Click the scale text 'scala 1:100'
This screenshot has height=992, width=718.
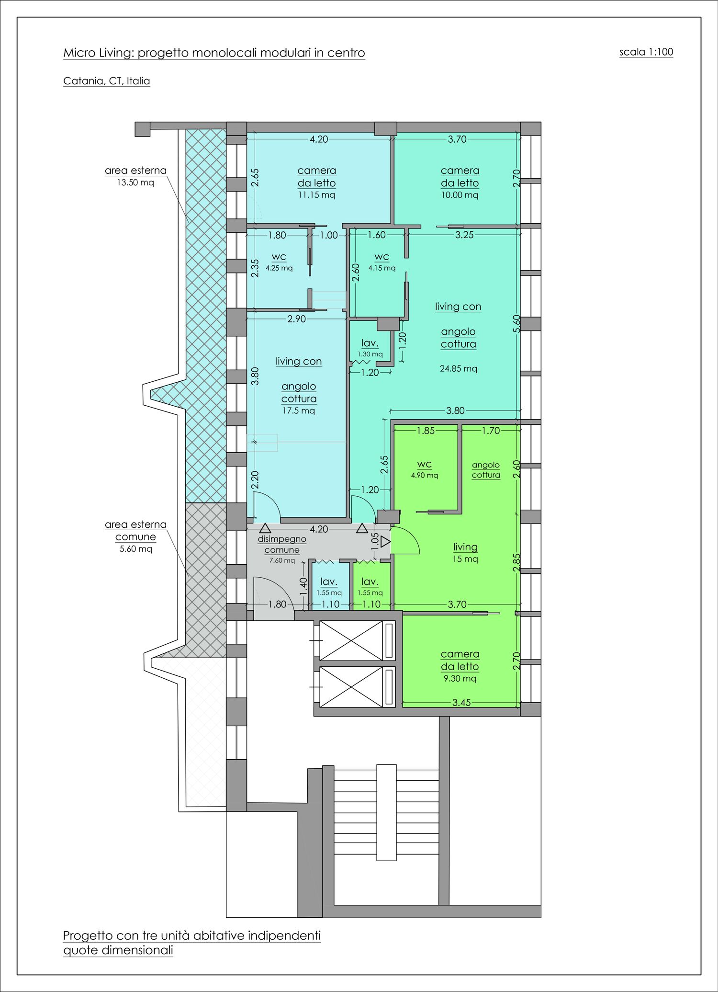[646, 52]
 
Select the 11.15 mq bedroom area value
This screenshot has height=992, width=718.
[316, 195]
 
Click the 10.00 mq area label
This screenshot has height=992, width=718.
[460, 195]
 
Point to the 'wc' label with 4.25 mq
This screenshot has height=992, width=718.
[279, 257]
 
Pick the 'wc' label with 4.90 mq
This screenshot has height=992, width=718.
[425, 464]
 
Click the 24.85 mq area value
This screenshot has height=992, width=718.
[459, 368]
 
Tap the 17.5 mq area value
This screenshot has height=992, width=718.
[299, 410]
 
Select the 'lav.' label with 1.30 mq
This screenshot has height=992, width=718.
[370, 343]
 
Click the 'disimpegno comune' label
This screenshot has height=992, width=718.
[282, 545]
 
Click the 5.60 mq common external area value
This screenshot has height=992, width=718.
[136, 549]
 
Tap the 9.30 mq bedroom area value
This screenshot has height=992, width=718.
[460, 678]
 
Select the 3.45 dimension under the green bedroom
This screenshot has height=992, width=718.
[461, 703]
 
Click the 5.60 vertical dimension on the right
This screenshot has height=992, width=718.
[516, 323]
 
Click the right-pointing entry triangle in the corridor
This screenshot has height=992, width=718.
[386, 543]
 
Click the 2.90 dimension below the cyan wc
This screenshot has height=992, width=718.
[297, 319]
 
